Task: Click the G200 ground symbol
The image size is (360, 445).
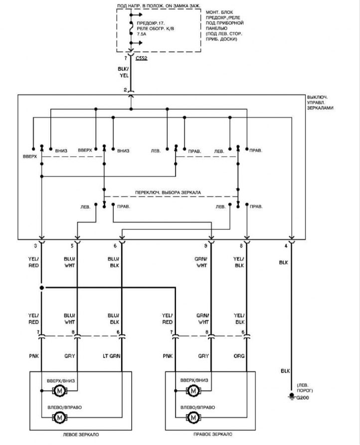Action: [x=291, y=396]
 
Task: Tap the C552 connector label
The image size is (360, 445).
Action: [x=142, y=58]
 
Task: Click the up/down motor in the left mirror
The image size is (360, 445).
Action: [x=60, y=391]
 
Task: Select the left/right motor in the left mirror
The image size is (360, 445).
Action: [x=60, y=418]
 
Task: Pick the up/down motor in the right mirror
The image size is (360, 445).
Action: [x=193, y=391]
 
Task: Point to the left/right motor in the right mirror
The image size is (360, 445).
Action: [x=193, y=418]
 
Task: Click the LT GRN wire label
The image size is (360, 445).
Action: [x=112, y=356]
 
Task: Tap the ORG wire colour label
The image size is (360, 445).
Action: [x=239, y=356]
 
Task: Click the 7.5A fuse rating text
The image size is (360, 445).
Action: [x=142, y=34]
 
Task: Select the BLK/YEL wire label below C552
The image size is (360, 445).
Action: [x=123, y=72]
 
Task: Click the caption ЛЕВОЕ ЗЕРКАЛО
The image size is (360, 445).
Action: [x=81, y=435]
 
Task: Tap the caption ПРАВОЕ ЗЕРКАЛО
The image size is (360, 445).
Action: [x=212, y=434]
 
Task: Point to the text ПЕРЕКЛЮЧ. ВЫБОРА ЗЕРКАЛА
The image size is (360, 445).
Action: [x=168, y=192]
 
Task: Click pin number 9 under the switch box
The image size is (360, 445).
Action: [x=205, y=246]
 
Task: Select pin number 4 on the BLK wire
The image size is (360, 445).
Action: [x=286, y=246]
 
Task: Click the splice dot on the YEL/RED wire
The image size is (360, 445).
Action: [x=42, y=288]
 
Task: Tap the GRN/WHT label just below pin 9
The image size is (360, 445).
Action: [x=201, y=262]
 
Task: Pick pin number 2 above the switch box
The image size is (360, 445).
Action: [x=125, y=90]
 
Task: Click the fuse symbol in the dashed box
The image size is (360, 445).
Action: [x=131, y=28]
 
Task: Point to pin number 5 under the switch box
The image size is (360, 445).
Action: [x=72, y=246]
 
